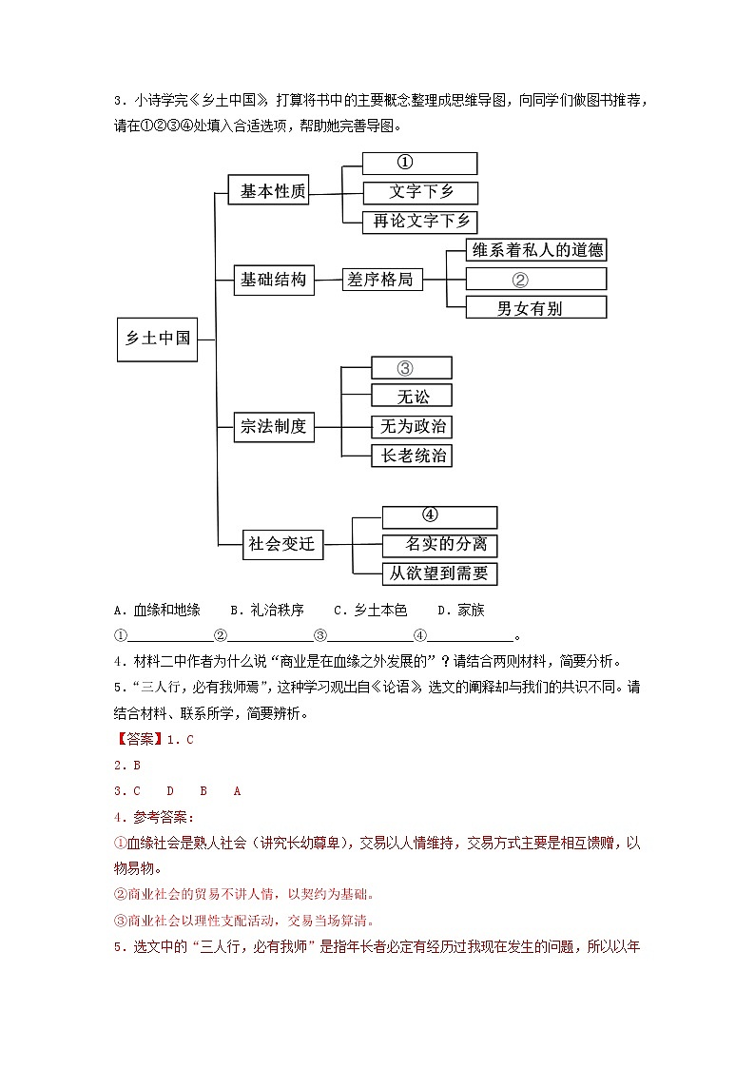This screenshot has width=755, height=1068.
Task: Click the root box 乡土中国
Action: point(158,339)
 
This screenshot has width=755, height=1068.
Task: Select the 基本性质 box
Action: point(274,191)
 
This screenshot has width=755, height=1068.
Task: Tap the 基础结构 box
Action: point(274,280)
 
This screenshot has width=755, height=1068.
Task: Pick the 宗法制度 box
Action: point(274,427)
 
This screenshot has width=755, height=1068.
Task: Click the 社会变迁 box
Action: point(281,545)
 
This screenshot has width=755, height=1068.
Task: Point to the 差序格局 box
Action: point(382,280)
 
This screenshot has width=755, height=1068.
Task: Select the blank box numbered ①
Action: point(419,164)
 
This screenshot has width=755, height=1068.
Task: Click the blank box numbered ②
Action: point(535,280)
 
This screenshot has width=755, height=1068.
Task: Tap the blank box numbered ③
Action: point(411,368)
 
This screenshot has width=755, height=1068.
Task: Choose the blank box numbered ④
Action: point(439,517)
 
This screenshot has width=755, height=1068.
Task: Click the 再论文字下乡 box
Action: point(419,222)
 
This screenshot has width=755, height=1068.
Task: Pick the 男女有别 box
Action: point(535,308)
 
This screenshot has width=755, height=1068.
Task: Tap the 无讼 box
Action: point(411,397)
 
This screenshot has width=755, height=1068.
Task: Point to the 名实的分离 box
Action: point(439,545)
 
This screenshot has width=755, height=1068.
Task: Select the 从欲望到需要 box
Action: point(439,573)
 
